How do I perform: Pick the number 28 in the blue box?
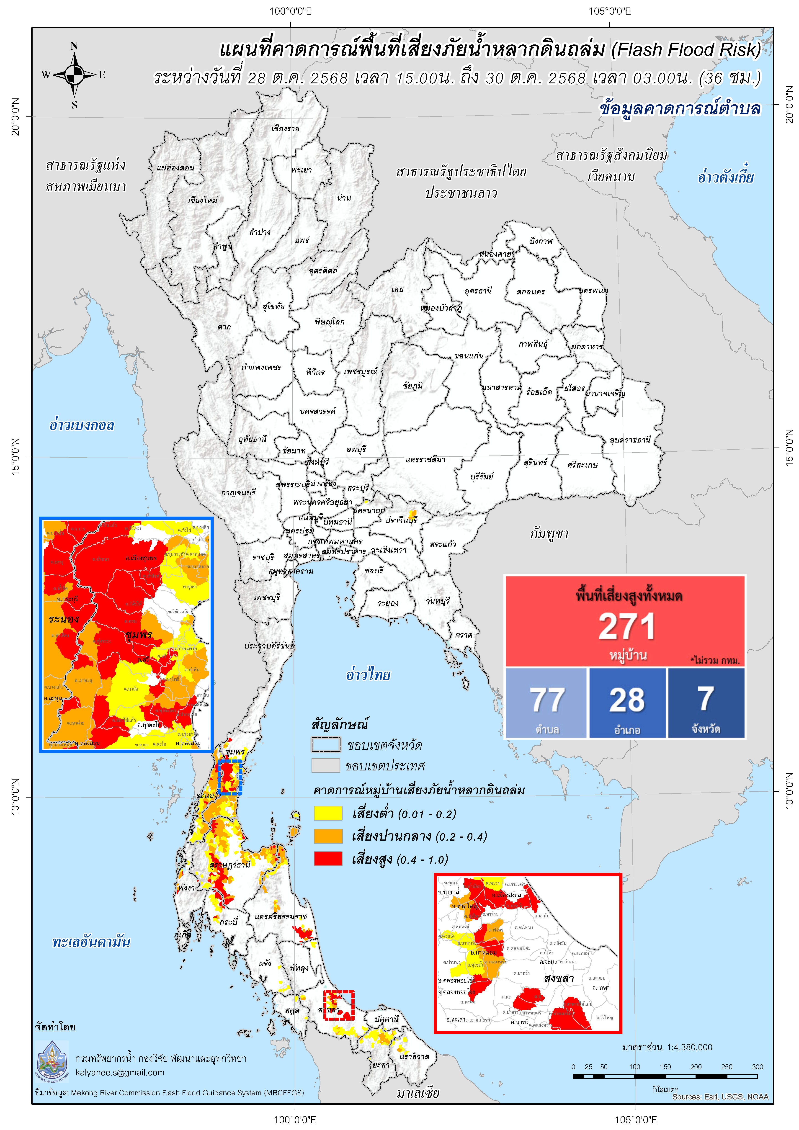(x=627, y=699)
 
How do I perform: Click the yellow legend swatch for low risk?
(x=328, y=813)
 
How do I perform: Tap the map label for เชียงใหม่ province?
(x=202, y=200)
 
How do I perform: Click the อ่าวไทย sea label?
(x=368, y=674)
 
